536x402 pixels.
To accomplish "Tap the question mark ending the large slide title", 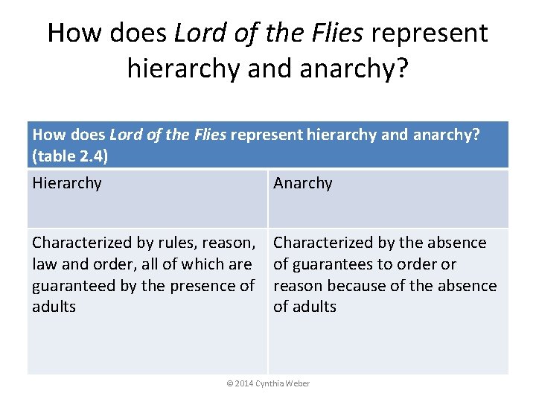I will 401,68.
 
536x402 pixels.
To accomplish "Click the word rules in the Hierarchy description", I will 173,243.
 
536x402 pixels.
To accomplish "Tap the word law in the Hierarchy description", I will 43,264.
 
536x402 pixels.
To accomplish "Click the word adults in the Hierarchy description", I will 54,307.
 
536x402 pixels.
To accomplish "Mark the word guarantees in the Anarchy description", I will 332,264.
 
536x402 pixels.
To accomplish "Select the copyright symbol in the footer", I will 229,383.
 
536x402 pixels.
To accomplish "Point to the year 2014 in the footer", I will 243,383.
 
